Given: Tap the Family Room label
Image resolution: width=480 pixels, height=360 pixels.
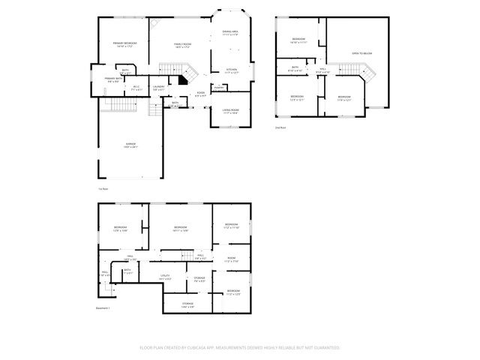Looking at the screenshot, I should [x=183, y=46].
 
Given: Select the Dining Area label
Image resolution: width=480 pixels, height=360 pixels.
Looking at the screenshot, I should [x=229, y=33].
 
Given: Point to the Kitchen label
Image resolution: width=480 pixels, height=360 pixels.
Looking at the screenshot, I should [x=232, y=71].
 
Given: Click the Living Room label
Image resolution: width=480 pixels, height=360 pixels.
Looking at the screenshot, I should [x=229, y=112].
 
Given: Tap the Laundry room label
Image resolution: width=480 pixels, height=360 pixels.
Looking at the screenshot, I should [x=158, y=88].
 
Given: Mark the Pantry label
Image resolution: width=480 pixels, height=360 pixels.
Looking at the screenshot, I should [x=218, y=88].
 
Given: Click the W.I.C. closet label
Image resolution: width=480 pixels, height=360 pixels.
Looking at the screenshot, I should [x=137, y=88].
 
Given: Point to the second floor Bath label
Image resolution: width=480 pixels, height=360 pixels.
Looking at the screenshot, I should [x=295, y=69].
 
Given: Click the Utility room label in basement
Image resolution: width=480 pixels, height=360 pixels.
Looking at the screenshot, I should [x=166, y=277].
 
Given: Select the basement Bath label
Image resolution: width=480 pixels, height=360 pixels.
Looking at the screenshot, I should [x=127, y=271].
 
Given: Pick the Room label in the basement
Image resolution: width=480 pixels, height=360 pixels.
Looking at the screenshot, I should [x=232, y=260].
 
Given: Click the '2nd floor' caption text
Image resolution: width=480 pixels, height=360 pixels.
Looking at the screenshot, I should [x=280, y=128].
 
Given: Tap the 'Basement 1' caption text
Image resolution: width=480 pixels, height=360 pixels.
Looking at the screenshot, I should [x=103, y=308].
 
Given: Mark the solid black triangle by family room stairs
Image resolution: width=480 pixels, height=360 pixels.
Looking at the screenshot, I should [x=181, y=79].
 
